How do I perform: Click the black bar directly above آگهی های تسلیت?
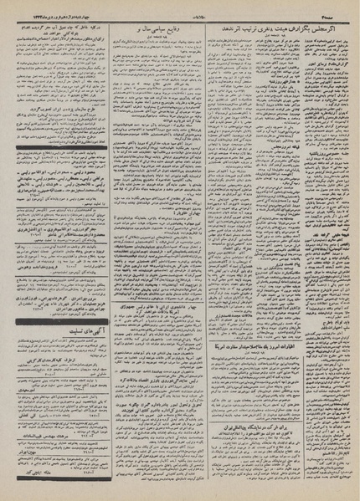[x=58, y=299]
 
